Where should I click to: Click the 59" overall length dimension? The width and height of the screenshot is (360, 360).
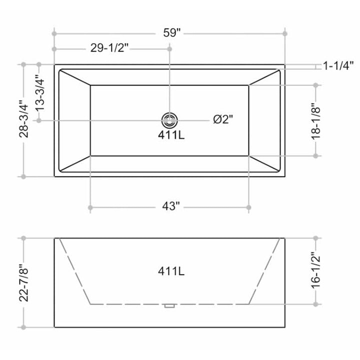pos(171,33)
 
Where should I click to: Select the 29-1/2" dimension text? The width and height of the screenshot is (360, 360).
pos(110,49)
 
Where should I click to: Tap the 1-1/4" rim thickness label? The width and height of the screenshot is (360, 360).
pos(338,65)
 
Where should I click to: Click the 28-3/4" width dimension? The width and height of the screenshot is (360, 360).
pos(22,120)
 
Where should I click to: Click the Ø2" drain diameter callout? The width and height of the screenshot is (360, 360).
pos(222,119)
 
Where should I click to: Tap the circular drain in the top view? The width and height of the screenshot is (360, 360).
pos(169,119)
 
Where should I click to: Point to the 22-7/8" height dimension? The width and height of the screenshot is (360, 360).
pos(22,283)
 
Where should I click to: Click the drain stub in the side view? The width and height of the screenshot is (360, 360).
pos(169,304)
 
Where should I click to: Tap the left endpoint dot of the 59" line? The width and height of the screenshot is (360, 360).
pos(54,33)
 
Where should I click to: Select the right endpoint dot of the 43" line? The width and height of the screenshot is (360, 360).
pos(248,207)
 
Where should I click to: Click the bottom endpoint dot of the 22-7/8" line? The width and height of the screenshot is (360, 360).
pos(22,327)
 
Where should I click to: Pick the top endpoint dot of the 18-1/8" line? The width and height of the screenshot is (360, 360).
pos(316,85)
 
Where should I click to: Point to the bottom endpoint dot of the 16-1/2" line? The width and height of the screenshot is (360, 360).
pos(316,303)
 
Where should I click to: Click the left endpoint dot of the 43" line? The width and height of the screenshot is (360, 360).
pos(90,207)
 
